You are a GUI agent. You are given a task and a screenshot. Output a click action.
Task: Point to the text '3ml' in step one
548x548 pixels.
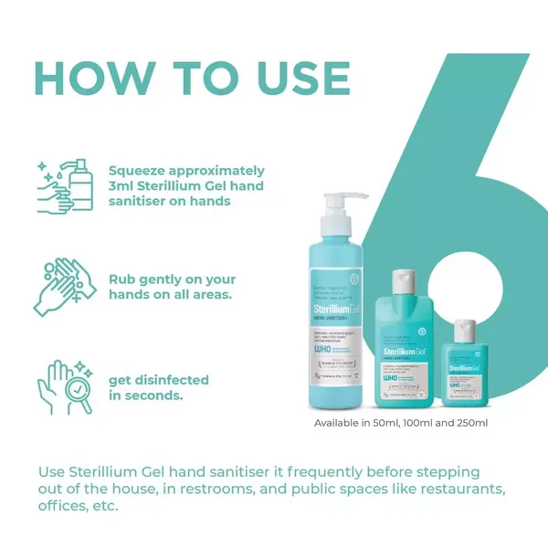[122, 186]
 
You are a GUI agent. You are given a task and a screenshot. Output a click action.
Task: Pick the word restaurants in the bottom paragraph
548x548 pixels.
[453, 490]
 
